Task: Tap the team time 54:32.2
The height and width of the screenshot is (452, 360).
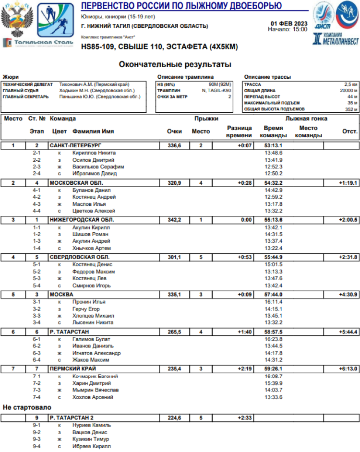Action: pyautogui.click(x=274, y=183)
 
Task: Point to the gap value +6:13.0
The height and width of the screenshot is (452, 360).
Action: pyautogui.click(x=348, y=369)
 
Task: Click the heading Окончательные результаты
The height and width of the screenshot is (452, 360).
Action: pyautogui.click(x=175, y=64)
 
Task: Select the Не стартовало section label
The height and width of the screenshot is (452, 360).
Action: pyautogui.click(x=27, y=407)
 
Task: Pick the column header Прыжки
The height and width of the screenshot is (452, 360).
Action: pyautogui.click(x=206, y=119)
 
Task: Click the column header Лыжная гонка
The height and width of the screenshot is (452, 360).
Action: pyautogui.click(x=306, y=119)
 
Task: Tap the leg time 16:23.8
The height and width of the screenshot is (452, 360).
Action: pyautogui.click(x=274, y=339)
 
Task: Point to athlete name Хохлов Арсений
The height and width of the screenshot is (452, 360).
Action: pyautogui.click(x=93, y=397)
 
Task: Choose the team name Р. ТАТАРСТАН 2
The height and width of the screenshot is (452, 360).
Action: pyautogui.click(x=72, y=418)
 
